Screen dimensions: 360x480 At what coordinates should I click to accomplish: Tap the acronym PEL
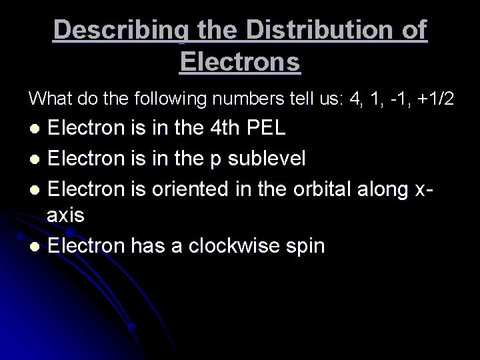pyautogui.click(x=267, y=128)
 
